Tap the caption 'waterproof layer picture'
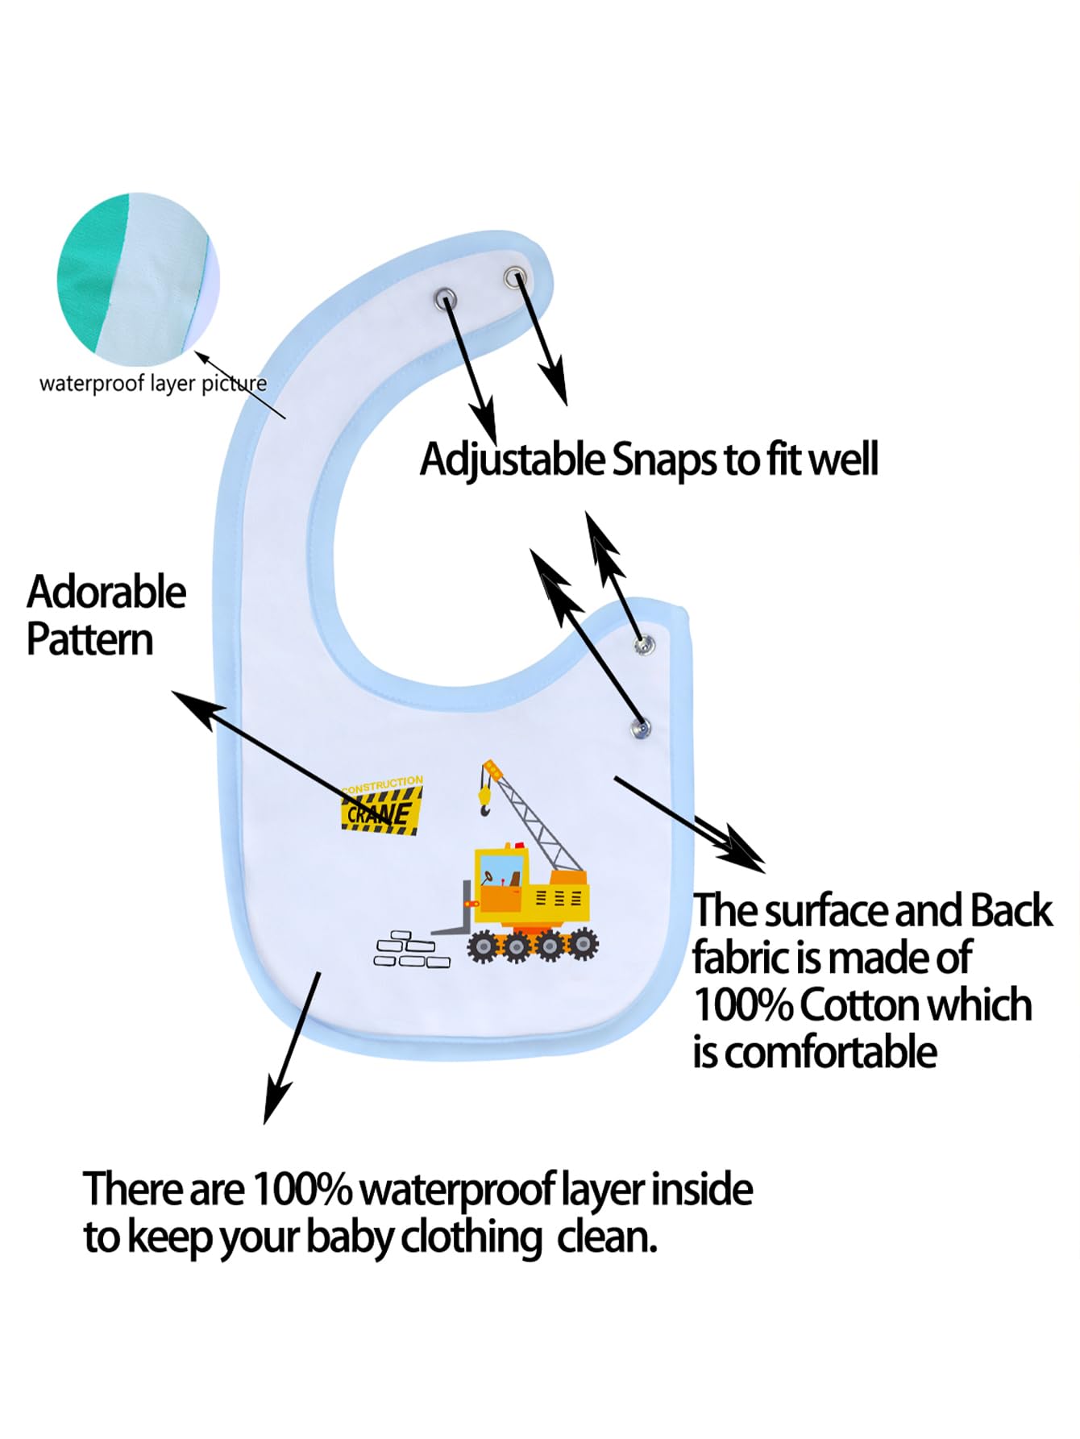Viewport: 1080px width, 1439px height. click(x=152, y=384)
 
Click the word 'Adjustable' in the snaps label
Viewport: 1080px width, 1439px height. click(x=512, y=461)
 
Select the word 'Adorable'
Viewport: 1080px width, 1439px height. click(x=106, y=593)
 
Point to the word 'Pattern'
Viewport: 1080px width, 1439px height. click(x=89, y=640)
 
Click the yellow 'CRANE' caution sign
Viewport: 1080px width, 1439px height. click(x=382, y=806)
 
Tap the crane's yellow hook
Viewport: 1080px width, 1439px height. click(x=484, y=799)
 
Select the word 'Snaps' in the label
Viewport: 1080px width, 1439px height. click(x=664, y=460)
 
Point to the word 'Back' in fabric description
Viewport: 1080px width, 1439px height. click(x=1011, y=911)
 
